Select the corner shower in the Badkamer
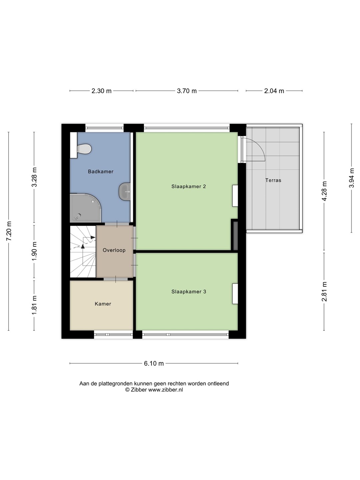pos(85,208)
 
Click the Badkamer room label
pos(101,172)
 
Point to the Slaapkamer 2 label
pos(189,187)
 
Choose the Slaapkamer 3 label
pos(189,292)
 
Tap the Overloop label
pos(114,250)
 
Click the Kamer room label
pos(103,304)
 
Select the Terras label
pos(273,180)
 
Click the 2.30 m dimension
pos(101,91)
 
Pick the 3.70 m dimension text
pos(187,91)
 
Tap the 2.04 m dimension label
pos(274,91)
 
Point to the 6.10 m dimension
pos(154,363)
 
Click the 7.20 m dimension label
pos(9,231)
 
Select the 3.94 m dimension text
pos(351,178)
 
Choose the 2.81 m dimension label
pos(324,291)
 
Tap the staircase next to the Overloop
pos(83,252)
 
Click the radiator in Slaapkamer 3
pos(235,294)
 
